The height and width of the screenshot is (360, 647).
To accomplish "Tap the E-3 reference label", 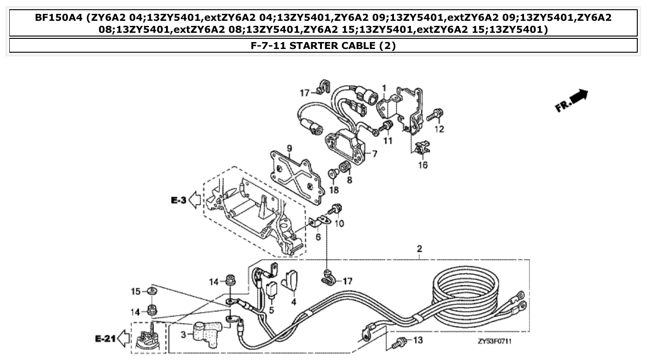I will [179, 200].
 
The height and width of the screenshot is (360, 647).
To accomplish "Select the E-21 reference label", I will [105, 339].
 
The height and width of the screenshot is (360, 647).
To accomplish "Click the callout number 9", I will [290, 148].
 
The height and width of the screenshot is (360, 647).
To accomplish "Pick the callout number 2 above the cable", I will [419, 249].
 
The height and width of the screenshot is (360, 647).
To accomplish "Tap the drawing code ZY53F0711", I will [497, 342].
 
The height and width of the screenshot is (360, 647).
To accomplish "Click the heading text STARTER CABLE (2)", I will [323, 46].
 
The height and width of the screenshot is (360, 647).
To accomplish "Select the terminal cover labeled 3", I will [206, 331].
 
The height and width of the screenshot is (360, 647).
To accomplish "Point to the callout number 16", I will [423, 165].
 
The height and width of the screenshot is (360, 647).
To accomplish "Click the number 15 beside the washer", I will [135, 291].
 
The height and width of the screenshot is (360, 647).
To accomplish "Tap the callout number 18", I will [334, 190].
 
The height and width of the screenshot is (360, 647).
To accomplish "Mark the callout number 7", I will [374, 153].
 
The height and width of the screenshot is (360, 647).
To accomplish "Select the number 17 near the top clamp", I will [304, 93].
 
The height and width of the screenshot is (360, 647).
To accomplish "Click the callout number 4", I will [293, 302].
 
